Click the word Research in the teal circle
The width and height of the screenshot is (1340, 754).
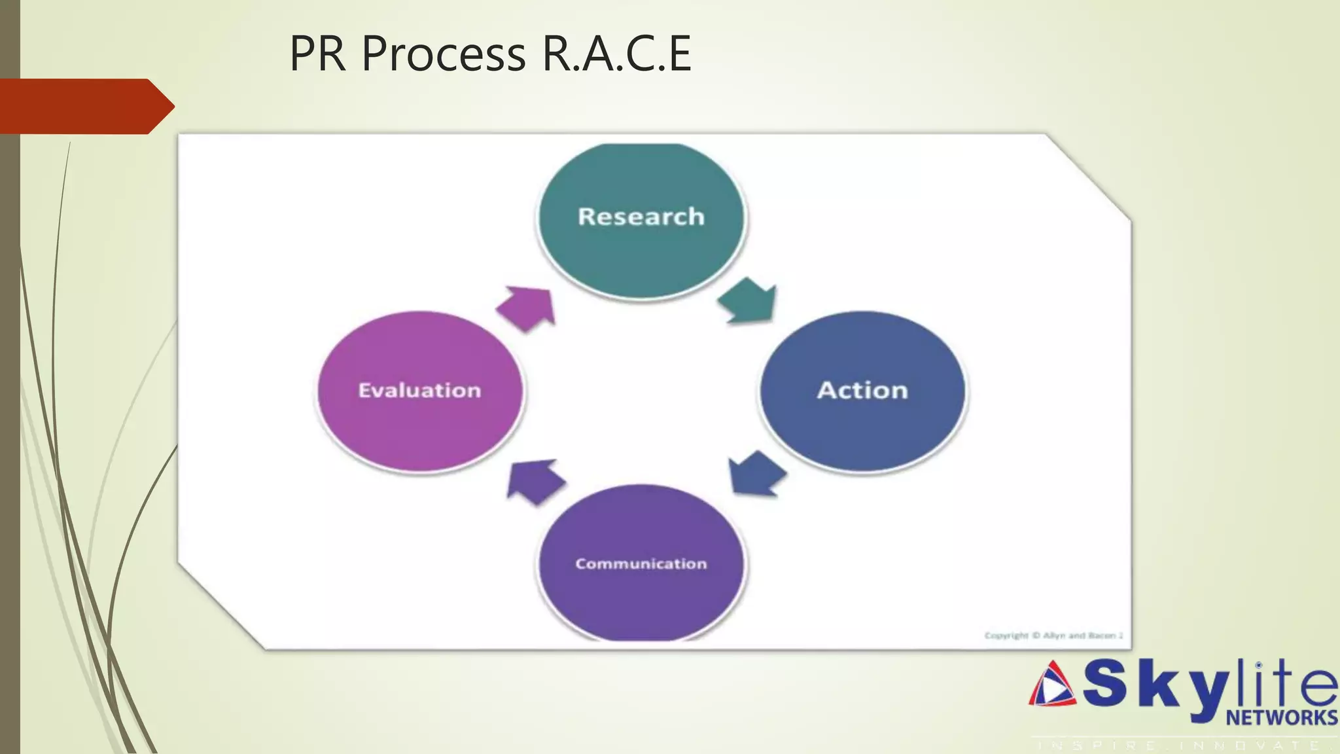[641, 217]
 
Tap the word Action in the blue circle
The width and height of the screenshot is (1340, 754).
[862, 390]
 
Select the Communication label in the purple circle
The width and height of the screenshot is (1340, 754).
[641, 564]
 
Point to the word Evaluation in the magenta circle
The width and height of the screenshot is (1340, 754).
[419, 390]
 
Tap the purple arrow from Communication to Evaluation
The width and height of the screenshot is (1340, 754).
[534, 481]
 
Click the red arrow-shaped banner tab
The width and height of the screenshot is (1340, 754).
[85, 106]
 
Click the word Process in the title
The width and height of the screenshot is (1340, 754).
[443, 54]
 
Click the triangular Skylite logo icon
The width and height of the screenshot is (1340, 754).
[1052, 685]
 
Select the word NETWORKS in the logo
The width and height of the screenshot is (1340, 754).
[1281, 717]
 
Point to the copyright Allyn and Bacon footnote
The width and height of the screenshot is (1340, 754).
[1053, 635]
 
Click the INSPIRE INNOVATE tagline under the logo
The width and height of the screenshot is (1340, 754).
[1184, 745]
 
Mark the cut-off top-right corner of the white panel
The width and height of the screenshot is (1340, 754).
[1089, 175]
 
